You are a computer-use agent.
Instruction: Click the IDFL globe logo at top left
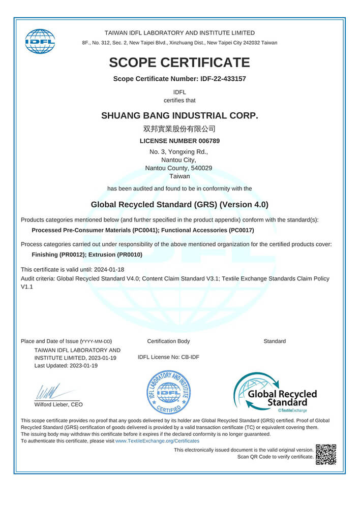[x=40, y=41]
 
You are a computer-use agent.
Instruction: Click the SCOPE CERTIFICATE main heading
[x=179, y=62]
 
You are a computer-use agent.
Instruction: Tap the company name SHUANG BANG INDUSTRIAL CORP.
[x=179, y=115]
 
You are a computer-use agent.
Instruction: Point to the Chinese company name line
[x=179, y=129]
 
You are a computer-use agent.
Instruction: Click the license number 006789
[x=208, y=141]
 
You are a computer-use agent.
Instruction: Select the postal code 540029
[x=202, y=168]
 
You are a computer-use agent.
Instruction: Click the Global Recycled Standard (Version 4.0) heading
[x=179, y=205]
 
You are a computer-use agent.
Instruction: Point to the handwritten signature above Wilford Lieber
[x=48, y=392]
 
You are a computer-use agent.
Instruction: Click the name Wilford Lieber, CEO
[x=58, y=404]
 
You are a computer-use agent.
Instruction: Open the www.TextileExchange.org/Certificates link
[x=158, y=441]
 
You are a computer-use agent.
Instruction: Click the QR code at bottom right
[x=326, y=454]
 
